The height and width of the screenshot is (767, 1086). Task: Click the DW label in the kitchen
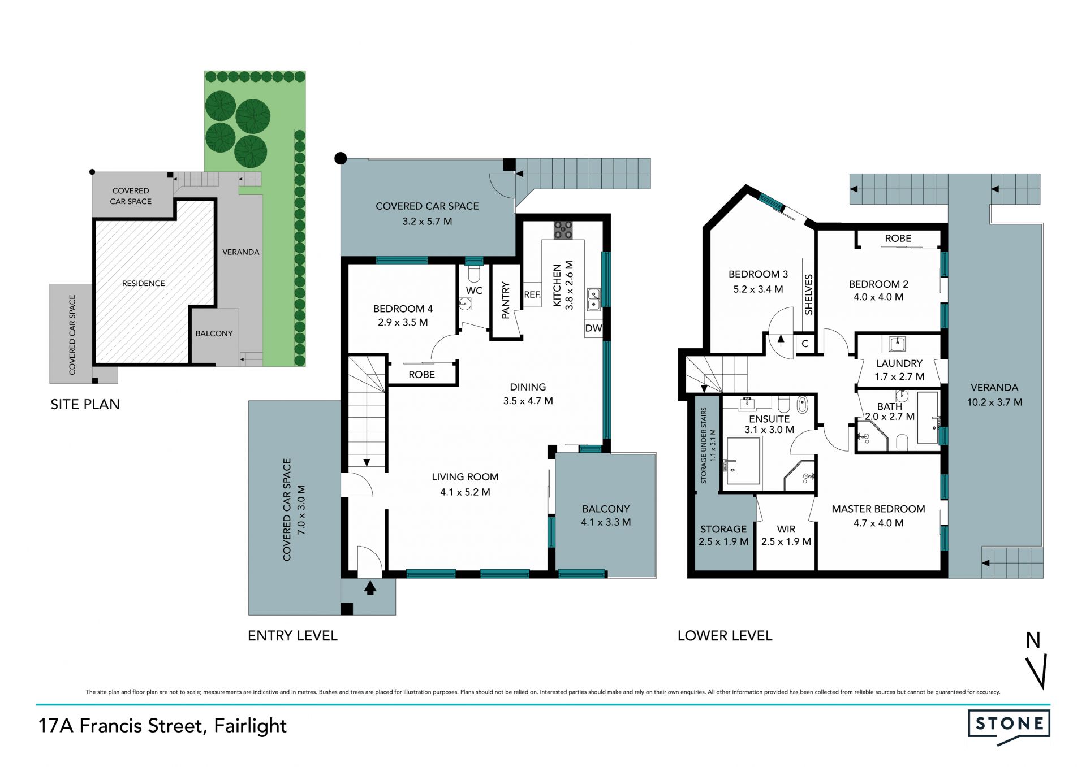pyautogui.click(x=593, y=328)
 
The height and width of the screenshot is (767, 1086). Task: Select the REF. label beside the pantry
pyautogui.click(x=532, y=294)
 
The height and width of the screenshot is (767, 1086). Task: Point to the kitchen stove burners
pyautogui.click(x=563, y=229)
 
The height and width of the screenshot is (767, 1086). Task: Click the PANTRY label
pyautogui.click(x=506, y=300)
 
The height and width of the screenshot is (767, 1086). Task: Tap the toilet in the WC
pyautogui.click(x=475, y=275)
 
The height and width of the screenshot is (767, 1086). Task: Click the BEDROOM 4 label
pyautogui.click(x=403, y=309)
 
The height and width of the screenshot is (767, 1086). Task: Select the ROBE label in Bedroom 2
pyautogui.click(x=898, y=239)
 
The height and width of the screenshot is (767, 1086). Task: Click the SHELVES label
pyautogui.click(x=808, y=294)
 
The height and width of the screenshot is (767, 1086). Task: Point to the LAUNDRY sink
pyautogui.click(x=898, y=343)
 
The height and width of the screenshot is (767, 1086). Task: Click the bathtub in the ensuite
pyautogui.click(x=802, y=405)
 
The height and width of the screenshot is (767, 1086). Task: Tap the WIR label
pyautogui.click(x=786, y=529)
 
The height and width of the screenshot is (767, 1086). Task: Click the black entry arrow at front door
pyautogui.click(x=370, y=588)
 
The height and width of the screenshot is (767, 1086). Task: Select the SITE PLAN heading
pyautogui.click(x=85, y=404)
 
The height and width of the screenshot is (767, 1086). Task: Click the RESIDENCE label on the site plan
pyautogui.click(x=144, y=283)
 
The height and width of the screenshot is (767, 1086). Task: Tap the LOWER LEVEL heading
pyautogui.click(x=725, y=636)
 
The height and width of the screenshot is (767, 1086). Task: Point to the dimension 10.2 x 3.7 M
pyautogui.click(x=994, y=402)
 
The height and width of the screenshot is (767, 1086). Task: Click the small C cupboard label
pyautogui.click(x=805, y=344)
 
